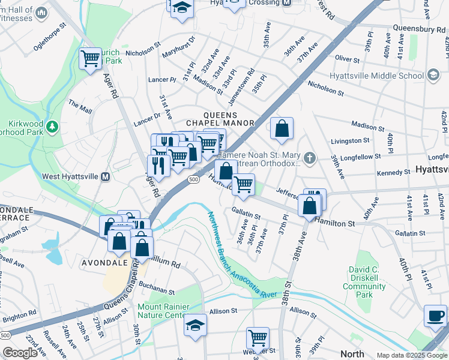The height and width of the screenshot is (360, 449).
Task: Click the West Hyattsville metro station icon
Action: tap(106, 177)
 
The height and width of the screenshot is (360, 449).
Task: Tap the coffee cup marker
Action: tap(435, 316)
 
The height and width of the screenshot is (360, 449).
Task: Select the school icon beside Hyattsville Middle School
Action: tap(433, 76)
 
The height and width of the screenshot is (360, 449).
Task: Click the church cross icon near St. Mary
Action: tap(309, 158)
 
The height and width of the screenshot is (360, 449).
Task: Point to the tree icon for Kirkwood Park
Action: tap(52, 127)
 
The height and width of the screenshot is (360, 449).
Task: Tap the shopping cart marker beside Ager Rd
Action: tap(90, 59)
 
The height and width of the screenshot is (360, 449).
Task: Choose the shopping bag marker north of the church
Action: tap(281, 128)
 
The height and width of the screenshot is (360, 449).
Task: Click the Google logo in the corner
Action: tap(20, 353)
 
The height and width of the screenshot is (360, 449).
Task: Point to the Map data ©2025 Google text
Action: tap(411, 355)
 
